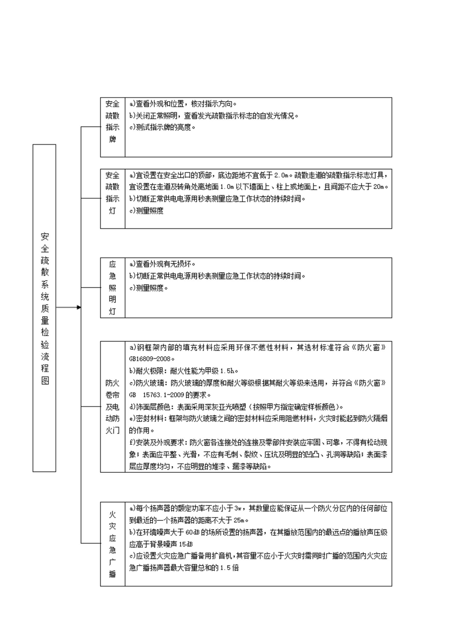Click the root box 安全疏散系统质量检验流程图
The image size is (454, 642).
(x=44, y=308)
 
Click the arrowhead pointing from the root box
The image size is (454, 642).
(x=79, y=308)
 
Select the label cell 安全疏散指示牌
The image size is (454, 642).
(x=113, y=121)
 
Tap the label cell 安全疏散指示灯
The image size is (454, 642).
(x=113, y=192)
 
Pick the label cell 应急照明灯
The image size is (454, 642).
(x=113, y=288)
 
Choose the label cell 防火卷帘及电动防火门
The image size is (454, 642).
(x=113, y=407)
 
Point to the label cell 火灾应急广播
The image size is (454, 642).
(x=113, y=544)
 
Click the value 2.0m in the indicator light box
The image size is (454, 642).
(x=281, y=175)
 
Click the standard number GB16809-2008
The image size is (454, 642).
(x=149, y=359)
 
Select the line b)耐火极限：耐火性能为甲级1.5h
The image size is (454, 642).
(x=183, y=371)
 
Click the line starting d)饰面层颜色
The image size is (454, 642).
(x=236, y=407)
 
